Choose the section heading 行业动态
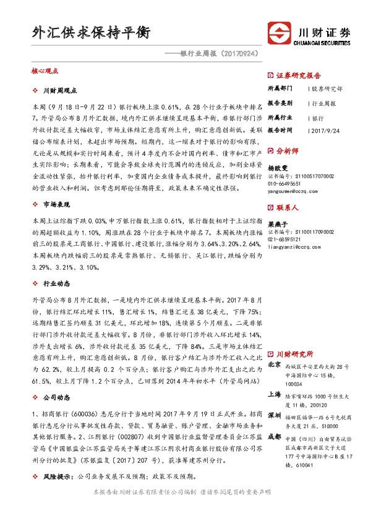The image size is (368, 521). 56,283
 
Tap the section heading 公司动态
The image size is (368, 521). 56,380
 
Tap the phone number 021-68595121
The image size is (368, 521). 288,239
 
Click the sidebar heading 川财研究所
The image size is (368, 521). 294,354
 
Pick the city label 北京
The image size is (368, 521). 275,366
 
